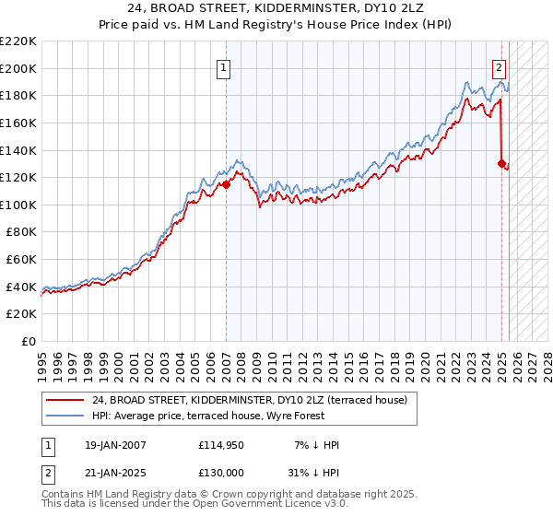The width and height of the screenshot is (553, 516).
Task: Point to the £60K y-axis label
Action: (21, 260)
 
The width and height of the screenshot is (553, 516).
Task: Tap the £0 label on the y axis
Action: (29, 342)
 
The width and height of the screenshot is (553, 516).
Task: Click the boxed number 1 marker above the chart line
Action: (225, 66)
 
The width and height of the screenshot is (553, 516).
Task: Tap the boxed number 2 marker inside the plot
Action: (499, 66)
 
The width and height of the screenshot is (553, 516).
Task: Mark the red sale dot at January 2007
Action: (226, 184)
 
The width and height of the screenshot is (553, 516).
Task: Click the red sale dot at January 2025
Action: (501, 164)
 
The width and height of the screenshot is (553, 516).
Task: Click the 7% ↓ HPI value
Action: (318, 445)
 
